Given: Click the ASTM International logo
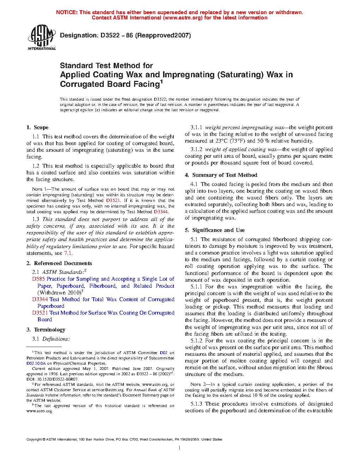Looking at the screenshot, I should point(41,37).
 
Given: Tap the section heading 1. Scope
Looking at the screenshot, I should point(37,127).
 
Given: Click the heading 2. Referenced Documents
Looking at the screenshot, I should point(59,263).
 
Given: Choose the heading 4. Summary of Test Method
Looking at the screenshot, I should point(221,175).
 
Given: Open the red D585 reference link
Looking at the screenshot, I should point(38,279).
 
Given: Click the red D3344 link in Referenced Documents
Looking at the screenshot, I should point(40,299).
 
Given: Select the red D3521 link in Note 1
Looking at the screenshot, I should point(113,201).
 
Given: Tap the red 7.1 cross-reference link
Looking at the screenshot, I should point(68,253).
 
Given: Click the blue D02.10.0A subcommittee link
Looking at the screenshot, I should point(36,363).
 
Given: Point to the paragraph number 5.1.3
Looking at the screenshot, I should point(196,404).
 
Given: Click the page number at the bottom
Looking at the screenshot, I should point(180,448).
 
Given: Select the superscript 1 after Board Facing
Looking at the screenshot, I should point(161,82).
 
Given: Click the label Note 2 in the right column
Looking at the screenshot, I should point(196,384).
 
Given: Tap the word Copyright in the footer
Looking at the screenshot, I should point(34,440).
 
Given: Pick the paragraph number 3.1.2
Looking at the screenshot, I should point(196,149).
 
